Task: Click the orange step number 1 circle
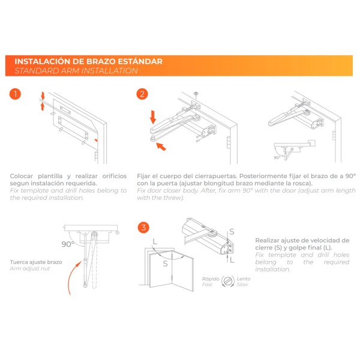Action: click(x=16, y=94)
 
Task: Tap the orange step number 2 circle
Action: click(x=142, y=94)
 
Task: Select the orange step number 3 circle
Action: click(x=142, y=227)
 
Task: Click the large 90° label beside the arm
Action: click(x=68, y=244)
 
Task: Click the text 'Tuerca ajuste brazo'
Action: click(x=35, y=262)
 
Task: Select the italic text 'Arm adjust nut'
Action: click(x=30, y=269)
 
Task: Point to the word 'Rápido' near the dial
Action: click(x=211, y=278)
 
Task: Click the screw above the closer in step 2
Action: click(x=196, y=94)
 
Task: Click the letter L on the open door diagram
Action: click(x=155, y=243)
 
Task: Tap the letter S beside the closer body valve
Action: click(x=232, y=231)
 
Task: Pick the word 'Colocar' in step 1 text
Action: click(x=22, y=176)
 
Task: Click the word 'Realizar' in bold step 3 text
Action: click(x=270, y=238)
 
